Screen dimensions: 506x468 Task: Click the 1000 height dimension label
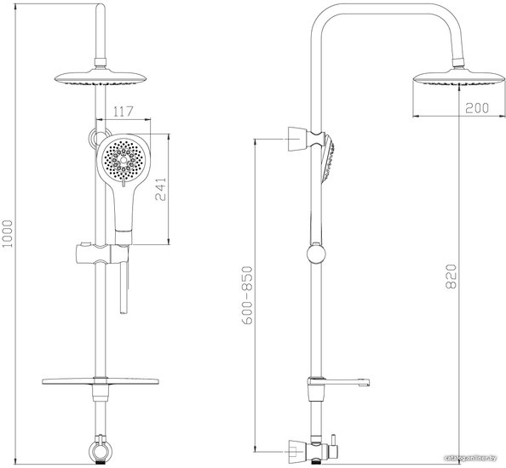point(7,234)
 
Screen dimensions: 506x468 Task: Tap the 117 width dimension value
point(124,111)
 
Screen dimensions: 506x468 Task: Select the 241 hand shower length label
point(160,189)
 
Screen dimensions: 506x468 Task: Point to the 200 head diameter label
point(477,108)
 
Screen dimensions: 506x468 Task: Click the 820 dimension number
point(451,277)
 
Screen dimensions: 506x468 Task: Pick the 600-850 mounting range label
point(247,294)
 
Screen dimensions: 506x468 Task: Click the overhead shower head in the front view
point(101,78)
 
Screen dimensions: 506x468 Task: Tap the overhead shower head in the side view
point(459,78)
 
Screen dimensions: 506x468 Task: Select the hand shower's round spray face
point(123,159)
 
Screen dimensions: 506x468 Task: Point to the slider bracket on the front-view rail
point(102,254)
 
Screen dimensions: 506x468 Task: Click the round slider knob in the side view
point(316,254)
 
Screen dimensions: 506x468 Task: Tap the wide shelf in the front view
point(101,381)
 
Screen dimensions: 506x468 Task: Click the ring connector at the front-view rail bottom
point(101,449)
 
